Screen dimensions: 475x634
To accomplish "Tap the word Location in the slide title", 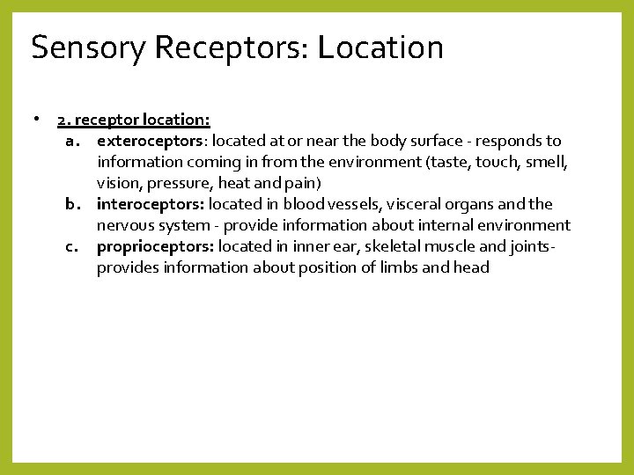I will point(380,47).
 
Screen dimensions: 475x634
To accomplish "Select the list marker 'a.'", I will point(74,141).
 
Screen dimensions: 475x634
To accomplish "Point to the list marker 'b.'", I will point(74,204).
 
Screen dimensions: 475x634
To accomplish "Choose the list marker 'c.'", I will point(74,246).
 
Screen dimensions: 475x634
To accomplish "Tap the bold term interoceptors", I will point(151,204).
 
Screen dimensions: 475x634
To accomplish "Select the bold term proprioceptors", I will point(154,246).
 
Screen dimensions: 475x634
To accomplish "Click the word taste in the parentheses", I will point(449,162).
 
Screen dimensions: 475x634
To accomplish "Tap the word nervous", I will point(126,225).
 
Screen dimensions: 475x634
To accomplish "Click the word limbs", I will point(400,267).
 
